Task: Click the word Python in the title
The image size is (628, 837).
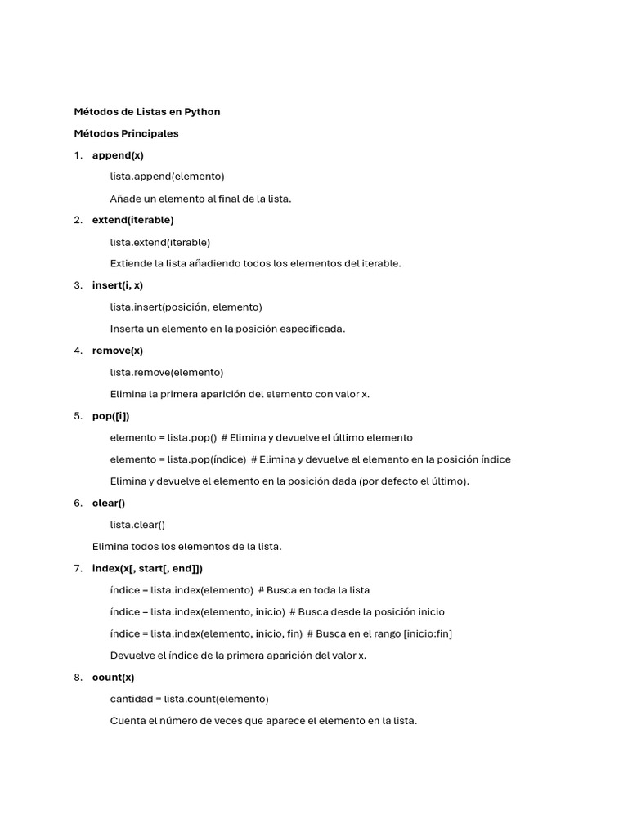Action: [x=202, y=111]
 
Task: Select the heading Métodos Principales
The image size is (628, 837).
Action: [x=126, y=133]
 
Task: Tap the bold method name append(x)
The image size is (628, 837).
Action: [x=118, y=154]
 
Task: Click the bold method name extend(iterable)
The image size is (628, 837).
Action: [x=132, y=220]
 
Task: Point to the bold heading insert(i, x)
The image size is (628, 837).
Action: [x=117, y=285]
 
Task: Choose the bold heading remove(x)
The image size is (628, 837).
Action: [x=117, y=351]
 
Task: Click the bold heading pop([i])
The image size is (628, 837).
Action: [x=110, y=416]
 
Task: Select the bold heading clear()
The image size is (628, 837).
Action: [x=108, y=503]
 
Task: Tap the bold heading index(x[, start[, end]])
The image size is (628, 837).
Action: [x=147, y=568]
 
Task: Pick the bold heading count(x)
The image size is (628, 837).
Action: [x=113, y=677]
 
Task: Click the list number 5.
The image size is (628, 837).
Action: [x=78, y=416]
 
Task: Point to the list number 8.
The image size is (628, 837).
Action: [x=78, y=677]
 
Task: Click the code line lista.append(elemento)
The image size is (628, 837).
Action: [x=167, y=177]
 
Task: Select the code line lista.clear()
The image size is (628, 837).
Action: [x=137, y=525]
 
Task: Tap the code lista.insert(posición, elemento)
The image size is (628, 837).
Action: [x=186, y=307]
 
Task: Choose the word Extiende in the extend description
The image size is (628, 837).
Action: [x=131, y=263]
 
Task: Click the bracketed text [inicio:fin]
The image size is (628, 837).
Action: [x=428, y=633]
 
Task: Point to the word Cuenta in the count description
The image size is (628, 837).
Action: [x=127, y=721]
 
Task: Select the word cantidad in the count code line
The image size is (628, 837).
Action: [x=132, y=699]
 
